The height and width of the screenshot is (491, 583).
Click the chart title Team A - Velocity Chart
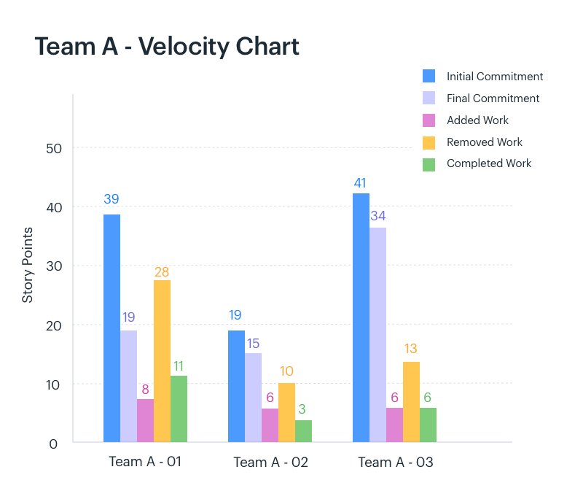167,47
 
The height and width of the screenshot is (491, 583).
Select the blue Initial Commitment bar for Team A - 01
111,328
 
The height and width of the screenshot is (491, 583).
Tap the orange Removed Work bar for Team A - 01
162,361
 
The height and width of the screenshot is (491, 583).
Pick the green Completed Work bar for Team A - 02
303,431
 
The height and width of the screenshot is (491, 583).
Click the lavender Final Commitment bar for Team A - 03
377,335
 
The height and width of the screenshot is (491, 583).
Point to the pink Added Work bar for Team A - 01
145,420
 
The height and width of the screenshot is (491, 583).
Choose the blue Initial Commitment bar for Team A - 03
361,317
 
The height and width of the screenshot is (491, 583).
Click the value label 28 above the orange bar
162,272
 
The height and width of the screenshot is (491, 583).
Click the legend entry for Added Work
477,120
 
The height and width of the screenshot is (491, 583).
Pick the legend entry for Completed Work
488,163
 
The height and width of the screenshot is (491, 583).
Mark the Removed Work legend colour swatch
429,142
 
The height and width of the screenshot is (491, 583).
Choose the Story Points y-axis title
28,265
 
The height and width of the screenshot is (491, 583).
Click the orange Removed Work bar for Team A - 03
411,402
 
